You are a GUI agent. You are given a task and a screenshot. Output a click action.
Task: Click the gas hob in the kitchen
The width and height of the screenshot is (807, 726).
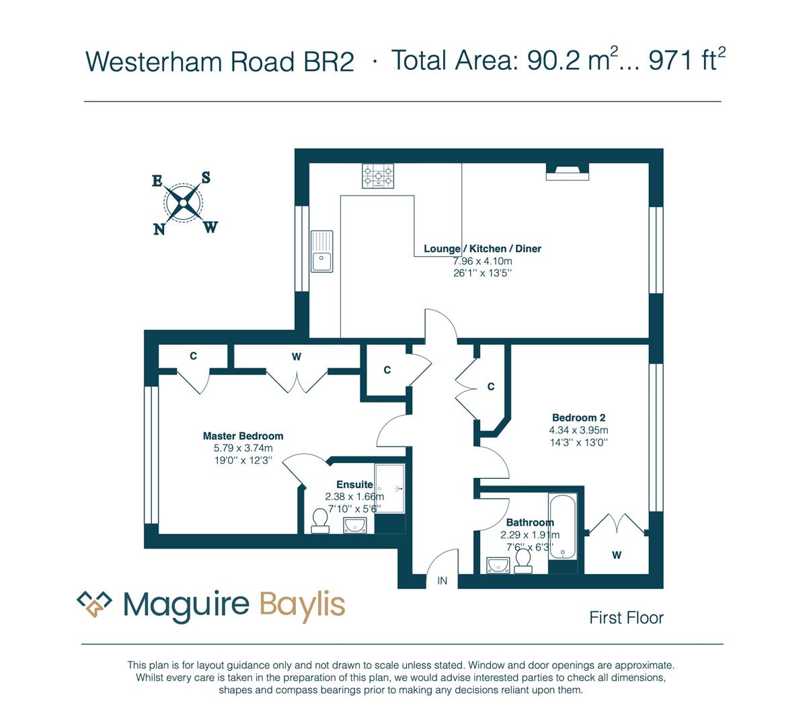[x=378, y=175]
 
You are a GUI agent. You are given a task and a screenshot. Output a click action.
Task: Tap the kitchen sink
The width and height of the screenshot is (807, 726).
[x=322, y=251]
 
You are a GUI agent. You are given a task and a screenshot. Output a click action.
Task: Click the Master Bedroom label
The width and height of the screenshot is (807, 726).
[x=243, y=436]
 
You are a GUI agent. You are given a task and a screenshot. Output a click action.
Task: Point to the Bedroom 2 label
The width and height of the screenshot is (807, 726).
[x=578, y=417]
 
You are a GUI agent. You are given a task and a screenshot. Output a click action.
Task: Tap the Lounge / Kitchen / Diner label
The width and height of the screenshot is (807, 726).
[x=482, y=249]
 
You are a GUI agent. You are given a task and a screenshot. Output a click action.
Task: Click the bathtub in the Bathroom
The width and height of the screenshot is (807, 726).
[x=562, y=526]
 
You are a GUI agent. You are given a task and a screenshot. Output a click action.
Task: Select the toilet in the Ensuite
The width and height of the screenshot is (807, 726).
[x=320, y=521]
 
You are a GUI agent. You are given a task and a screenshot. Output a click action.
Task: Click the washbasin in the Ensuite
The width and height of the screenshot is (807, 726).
[x=355, y=525]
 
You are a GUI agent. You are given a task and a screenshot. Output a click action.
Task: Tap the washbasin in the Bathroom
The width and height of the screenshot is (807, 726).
[x=498, y=565]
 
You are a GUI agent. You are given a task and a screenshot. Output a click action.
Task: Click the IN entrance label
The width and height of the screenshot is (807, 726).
[x=442, y=580]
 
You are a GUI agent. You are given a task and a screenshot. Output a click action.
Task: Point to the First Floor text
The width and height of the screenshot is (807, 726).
[x=626, y=618]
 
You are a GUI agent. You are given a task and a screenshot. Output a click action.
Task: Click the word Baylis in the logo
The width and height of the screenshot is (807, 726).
[x=303, y=604]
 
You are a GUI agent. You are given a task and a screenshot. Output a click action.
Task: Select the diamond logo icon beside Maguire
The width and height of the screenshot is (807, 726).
[x=94, y=604]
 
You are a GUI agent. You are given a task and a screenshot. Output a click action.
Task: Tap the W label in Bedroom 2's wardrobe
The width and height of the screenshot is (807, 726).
[x=617, y=555]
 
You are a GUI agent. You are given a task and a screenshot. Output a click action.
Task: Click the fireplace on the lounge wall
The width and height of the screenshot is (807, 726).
[x=567, y=171]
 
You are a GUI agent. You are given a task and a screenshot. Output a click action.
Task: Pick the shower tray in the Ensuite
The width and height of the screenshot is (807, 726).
[x=389, y=489]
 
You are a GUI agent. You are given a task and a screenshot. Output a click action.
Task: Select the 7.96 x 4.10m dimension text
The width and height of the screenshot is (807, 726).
[x=482, y=261]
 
